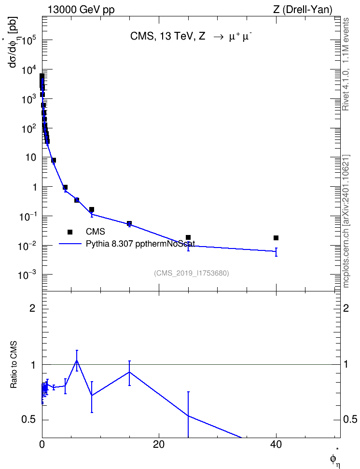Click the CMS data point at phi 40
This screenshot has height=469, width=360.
point(276,238)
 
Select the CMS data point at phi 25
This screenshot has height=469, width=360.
point(188,237)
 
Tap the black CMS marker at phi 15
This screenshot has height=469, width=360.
point(129,223)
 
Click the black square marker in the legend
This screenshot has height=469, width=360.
point(70,232)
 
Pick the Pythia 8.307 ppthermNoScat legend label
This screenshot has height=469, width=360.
point(140,244)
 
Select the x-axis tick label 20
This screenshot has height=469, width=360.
point(159,445)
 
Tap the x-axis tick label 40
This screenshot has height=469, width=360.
point(276,445)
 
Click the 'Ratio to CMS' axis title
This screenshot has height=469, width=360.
point(14,364)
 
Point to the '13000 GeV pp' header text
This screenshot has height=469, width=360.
point(81,10)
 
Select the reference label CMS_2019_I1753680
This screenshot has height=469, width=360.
point(192,273)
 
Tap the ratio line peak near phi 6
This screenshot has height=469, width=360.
point(77,360)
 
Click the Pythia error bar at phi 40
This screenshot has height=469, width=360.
point(276,252)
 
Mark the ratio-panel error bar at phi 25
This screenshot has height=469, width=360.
point(188,414)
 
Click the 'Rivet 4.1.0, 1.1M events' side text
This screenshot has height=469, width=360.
point(346,64)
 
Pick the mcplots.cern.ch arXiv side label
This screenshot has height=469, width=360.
point(346,221)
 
